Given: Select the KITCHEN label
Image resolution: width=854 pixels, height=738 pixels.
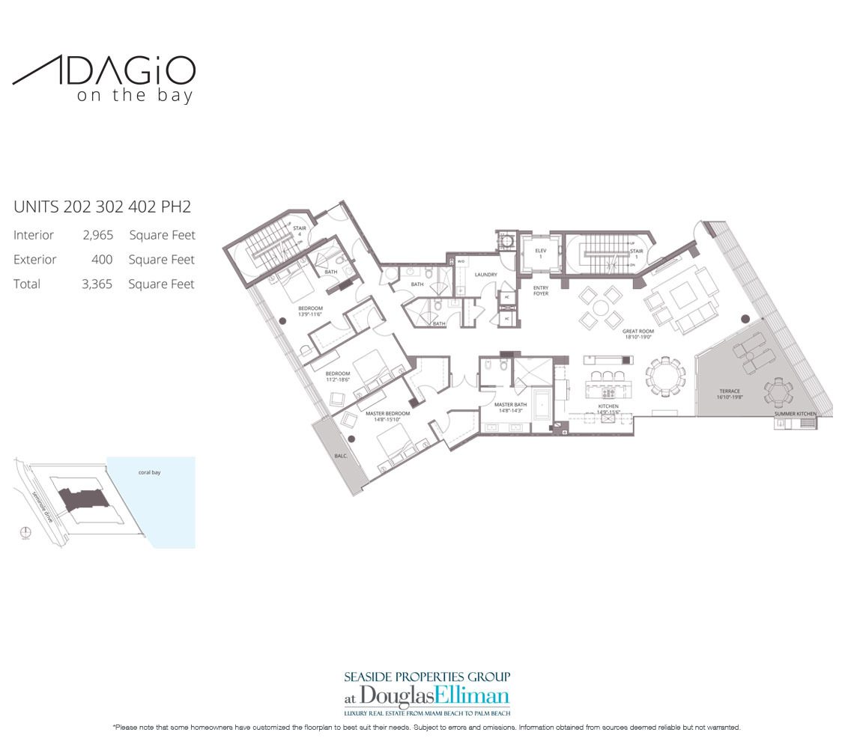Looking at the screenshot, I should click(x=608, y=406).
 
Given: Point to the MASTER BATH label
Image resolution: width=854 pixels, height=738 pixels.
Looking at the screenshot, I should click(x=510, y=406).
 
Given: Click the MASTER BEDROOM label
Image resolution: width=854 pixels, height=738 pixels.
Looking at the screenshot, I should click(x=387, y=414).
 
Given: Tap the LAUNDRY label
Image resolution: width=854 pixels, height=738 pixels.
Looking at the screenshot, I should click(x=485, y=275).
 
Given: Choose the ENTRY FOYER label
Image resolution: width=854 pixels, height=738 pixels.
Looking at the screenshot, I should click(x=541, y=290).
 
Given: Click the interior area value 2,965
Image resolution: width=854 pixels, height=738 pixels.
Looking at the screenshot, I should click(x=97, y=235).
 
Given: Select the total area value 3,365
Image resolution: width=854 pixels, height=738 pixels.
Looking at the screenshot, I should click(x=97, y=284).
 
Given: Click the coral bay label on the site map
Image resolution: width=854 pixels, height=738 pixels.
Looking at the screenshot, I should click(x=150, y=472).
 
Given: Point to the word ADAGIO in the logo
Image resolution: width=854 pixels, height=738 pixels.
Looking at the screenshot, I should click(x=104, y=72).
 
